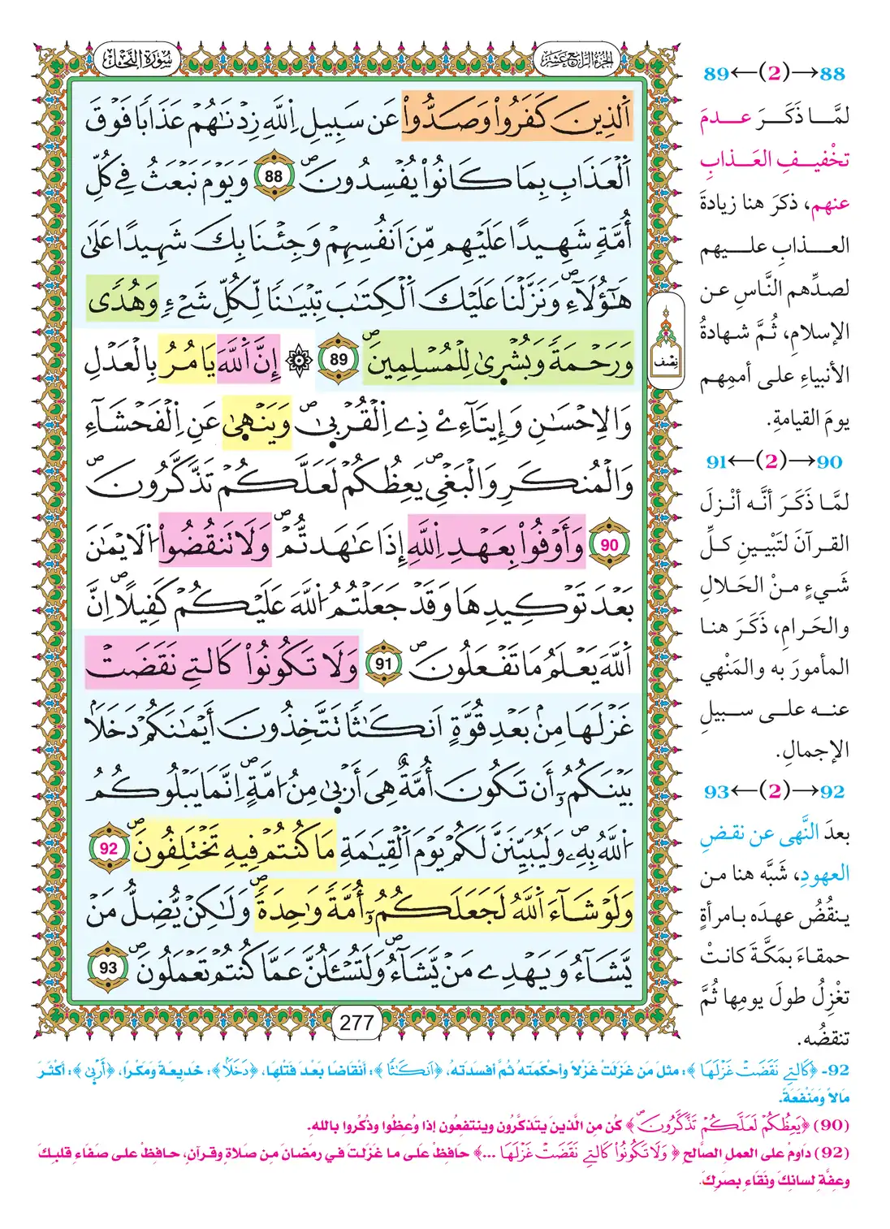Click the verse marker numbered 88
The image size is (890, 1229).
tap(274, 176)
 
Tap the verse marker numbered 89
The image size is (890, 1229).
tap(338, 360)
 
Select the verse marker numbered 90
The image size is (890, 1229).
tap(609, 545)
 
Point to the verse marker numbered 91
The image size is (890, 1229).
tap(382, 664)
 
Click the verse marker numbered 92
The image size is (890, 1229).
tap(108, 849)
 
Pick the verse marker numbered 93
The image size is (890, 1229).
tap(108, 967)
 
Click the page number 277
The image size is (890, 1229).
tap(356, 1023)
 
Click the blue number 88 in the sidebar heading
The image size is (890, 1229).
tap(832, 74)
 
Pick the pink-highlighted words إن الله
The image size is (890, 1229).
tap(248, 361)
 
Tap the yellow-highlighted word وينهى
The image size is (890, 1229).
tap(256, 423)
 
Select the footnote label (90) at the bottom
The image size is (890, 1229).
tap(831, 1125)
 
